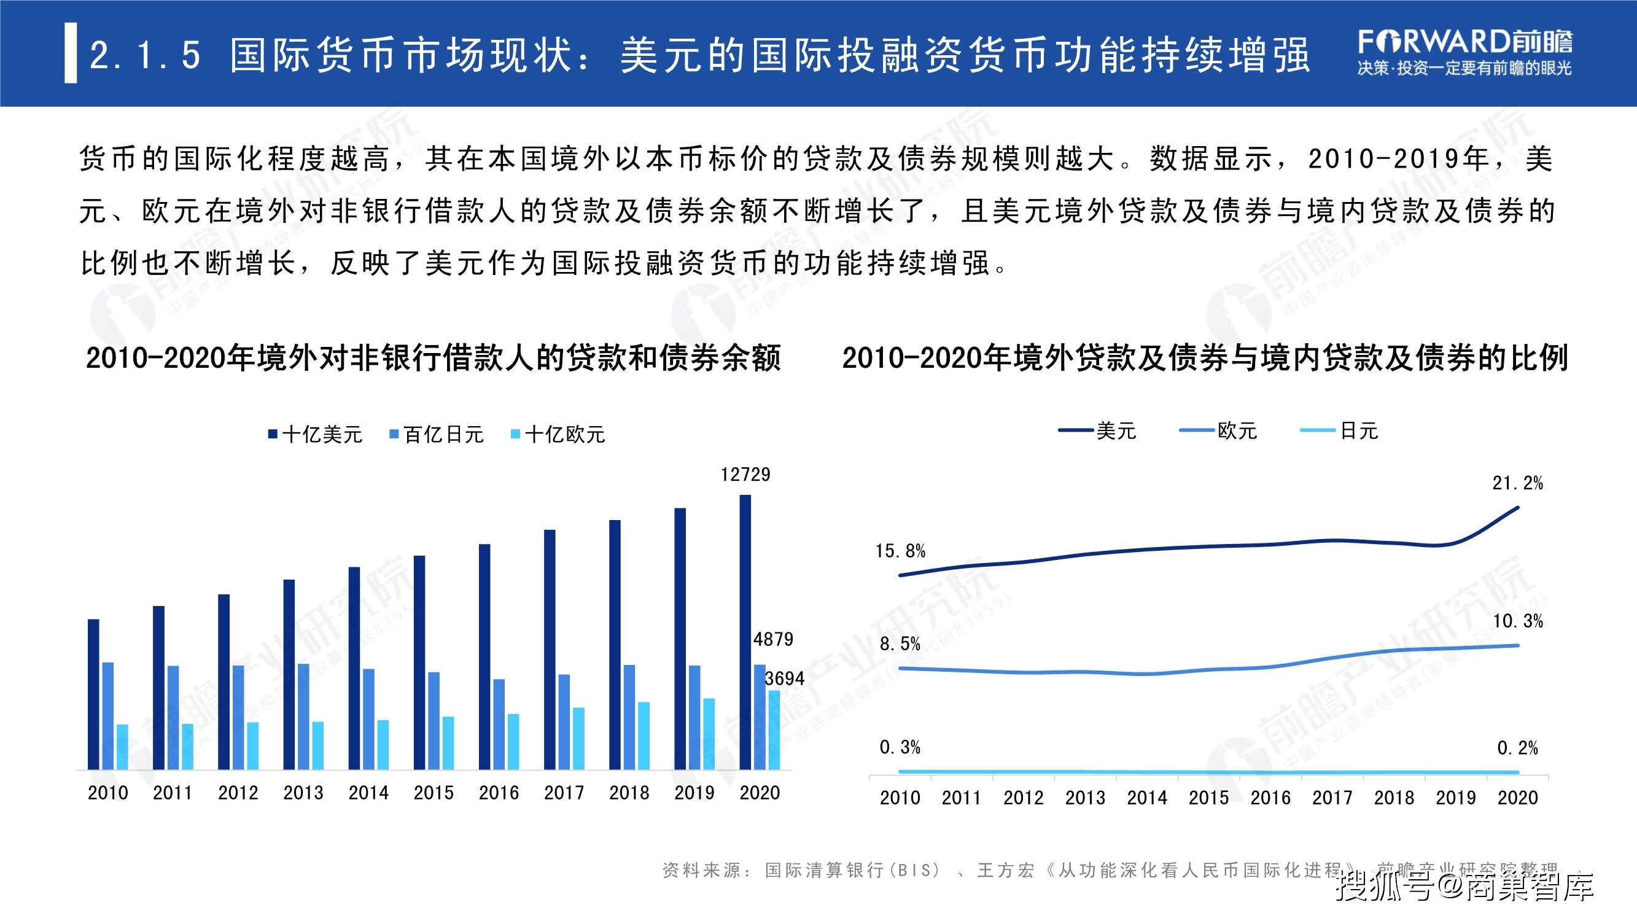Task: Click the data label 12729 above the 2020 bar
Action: (745, 475)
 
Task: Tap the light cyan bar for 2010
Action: (122, 747)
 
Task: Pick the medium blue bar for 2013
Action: (304, 717)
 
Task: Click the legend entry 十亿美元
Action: (316, 435)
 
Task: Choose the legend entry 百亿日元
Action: (437, 435)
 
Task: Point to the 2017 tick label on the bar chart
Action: (564, 793)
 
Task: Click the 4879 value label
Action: (774, 639)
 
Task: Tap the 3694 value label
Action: (785, 679)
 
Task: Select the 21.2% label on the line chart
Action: (1517, 484)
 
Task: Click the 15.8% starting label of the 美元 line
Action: (900, 551)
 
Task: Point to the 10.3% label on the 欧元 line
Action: (1517, 621)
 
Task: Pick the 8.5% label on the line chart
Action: (900, 644)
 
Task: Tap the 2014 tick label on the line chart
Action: (1147, 798)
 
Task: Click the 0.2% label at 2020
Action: (1517, 748)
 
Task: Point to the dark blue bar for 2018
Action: (615, 645)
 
